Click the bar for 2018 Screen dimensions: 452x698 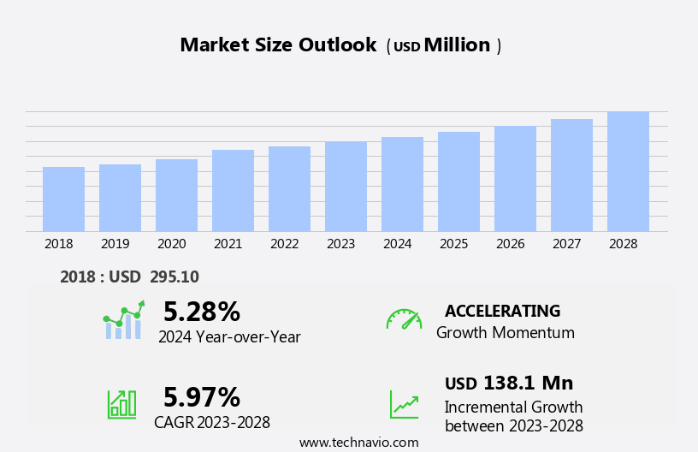pos(63,199)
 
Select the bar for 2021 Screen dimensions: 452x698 pos(233,191)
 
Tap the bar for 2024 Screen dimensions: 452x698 pos(402,184)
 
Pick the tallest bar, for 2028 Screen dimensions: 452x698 pos(628,171)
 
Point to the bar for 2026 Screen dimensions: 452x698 pos(515,179)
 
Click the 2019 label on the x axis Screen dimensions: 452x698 pos(115,244)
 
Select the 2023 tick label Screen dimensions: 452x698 pos(340,244)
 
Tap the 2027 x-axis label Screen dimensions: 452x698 pos(566,244)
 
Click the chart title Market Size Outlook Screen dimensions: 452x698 pos(278,45)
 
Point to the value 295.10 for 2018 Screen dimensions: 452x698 pos(174,277)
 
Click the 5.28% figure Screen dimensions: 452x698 pos(202,312)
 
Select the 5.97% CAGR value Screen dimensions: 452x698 pos(202,397)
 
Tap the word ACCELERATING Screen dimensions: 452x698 pos(502,311)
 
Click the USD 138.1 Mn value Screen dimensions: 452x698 pos(509,383)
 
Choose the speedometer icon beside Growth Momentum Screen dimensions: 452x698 pos(404,320)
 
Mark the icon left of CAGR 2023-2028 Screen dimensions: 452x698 pos(121,403)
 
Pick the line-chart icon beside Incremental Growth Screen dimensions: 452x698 pos(404,404)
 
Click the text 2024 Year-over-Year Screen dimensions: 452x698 pos(229,337)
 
